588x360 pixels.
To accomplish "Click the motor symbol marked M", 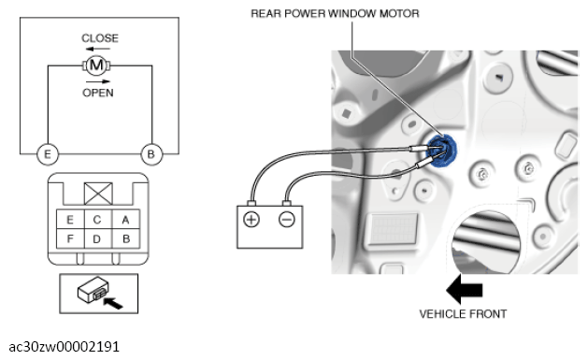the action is [96, 65].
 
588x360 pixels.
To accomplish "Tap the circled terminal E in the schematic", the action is [48, 154].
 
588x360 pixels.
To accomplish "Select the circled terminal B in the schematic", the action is [151, 154].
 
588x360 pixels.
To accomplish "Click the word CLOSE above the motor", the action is [100, 38].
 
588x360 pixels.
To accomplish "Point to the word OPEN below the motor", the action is [98, 93].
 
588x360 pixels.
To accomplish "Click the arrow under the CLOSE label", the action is [97, 49].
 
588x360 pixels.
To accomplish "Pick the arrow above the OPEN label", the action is [98, 81].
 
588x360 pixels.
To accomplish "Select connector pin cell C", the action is [98, 220].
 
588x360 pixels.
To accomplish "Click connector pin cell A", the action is [125, 220].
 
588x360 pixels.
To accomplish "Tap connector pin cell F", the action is [70, 238].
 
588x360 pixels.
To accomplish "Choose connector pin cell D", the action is [98, 238].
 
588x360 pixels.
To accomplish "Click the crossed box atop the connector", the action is [98, 194].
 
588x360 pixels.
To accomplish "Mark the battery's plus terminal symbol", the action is [251, 220].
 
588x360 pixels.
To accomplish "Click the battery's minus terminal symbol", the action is [287, 220].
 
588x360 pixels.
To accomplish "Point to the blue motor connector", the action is [442, 151].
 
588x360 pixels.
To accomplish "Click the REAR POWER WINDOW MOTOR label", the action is [335, 13].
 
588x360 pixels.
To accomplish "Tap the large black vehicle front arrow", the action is [465, 290].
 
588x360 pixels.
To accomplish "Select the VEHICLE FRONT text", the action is [463, 314].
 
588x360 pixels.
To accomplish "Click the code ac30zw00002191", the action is [65, 347].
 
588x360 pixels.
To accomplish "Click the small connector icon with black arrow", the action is [99, 294].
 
